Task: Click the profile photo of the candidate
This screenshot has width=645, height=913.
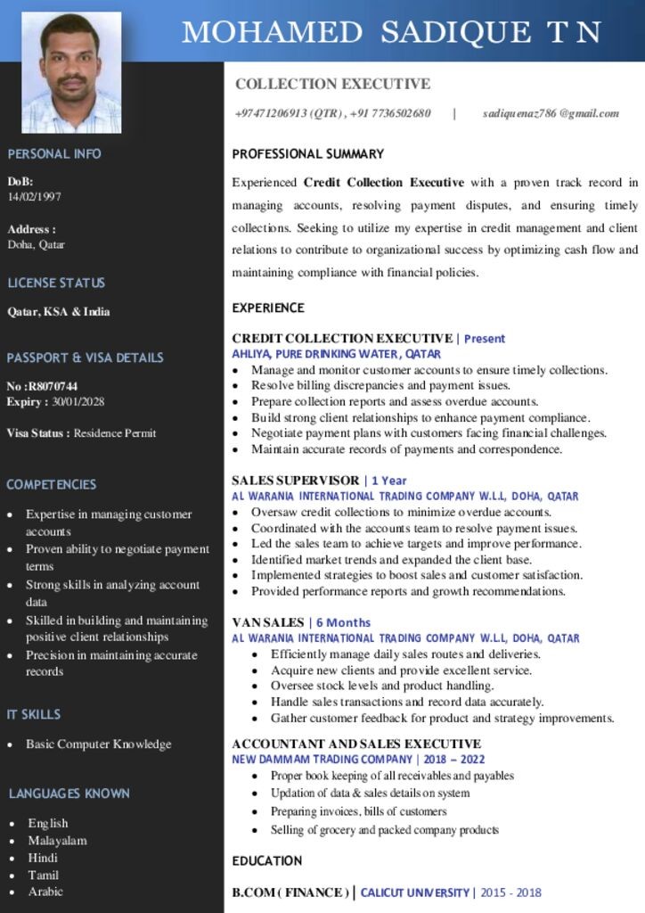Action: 71,72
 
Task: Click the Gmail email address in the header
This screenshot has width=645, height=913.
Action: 551,113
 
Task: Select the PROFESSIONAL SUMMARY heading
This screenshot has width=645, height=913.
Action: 307,154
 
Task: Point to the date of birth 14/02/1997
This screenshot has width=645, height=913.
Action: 35,197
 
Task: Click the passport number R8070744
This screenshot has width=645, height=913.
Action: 54,386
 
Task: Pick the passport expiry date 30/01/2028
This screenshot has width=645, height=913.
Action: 78,402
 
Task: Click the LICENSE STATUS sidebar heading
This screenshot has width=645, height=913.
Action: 56,284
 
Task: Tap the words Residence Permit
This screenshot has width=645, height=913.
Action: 115,433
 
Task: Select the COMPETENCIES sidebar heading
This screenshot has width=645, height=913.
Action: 52,485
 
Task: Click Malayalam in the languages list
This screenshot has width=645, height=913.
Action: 57,841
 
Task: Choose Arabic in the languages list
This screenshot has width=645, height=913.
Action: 45,892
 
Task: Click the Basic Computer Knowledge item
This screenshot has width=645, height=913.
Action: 98,744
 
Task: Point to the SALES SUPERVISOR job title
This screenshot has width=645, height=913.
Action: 295,481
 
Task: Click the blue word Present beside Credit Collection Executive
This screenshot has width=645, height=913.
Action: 485,339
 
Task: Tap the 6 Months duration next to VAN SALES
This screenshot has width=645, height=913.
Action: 343,622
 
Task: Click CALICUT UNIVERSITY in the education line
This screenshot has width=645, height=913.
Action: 414,892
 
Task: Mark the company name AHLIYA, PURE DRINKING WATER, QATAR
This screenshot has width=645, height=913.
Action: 337,354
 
